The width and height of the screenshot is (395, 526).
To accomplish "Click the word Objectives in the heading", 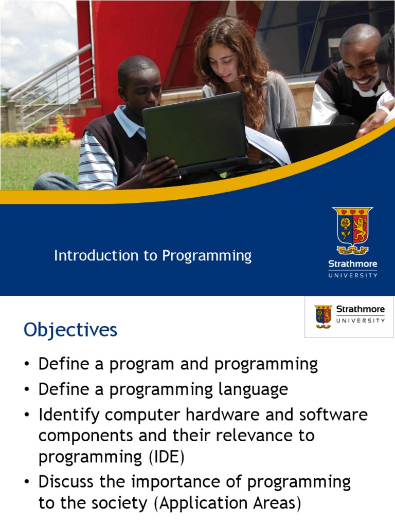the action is (x=70, y=330).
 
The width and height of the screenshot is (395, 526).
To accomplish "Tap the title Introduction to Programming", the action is (x=153, y=256).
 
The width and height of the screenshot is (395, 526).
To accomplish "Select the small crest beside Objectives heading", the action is (x=323, y=316).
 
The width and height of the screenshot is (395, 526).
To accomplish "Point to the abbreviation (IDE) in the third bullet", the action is (x=167, y=457).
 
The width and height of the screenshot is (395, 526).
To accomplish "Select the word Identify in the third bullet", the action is (x=69, y=415).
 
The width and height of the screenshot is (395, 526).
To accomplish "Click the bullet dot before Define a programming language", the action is (x=27, y=389).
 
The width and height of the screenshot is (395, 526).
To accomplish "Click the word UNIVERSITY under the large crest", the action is (x=353, y=275).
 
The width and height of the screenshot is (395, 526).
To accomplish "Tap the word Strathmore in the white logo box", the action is (x=361, y=309).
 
